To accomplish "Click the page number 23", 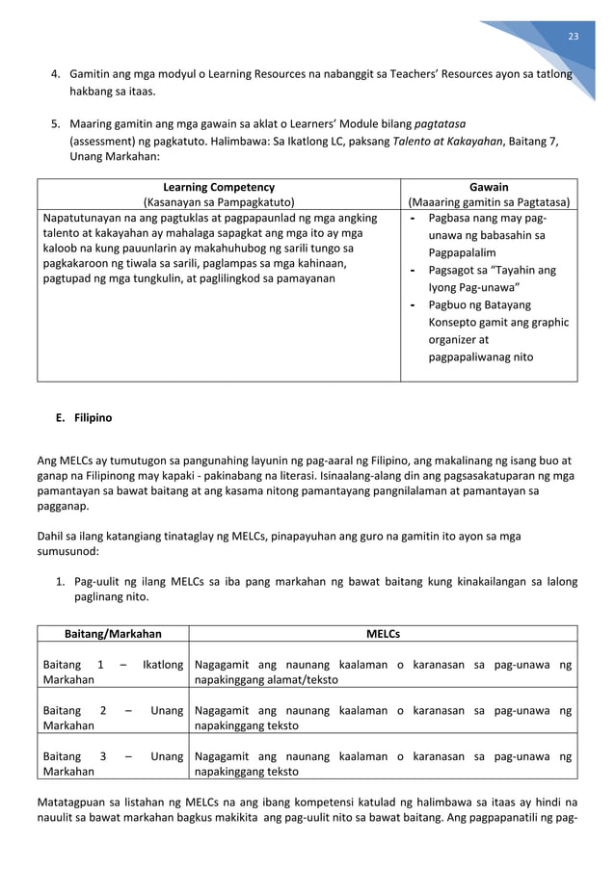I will click(574, 37).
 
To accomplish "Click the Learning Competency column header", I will click(218, 187).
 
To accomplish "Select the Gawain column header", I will click(489, 187).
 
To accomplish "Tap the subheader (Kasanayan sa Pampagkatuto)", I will click(218, 202).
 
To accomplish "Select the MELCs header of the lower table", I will click(383, 634).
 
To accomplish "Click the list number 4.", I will click(56, 74).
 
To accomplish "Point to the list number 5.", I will click(56, 123).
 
